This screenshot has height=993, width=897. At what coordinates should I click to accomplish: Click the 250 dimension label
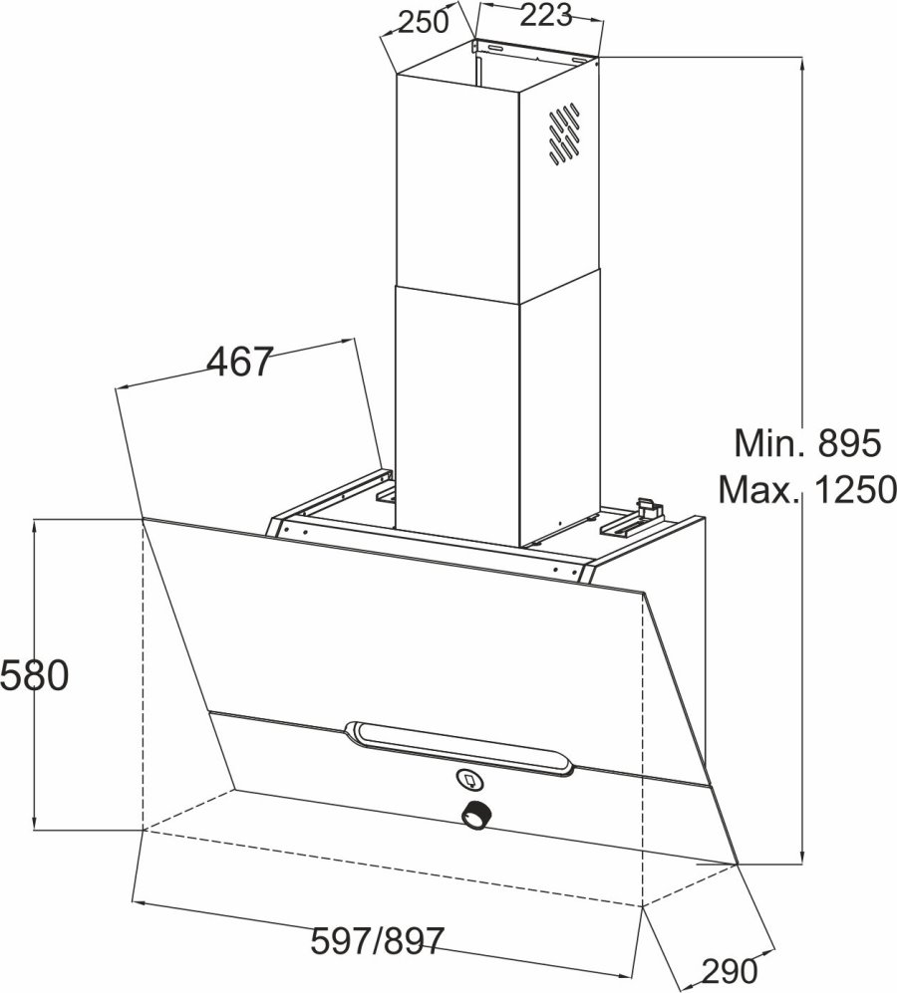click(x=424, y=22)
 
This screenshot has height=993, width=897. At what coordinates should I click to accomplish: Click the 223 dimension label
click(x=546, y=15)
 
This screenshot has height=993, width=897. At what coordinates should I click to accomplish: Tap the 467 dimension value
click(x=240, y=362)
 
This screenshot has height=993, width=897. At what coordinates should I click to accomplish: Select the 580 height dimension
click(x=34, y=675)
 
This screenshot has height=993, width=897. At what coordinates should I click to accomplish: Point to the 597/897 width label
click(x=378, y=941)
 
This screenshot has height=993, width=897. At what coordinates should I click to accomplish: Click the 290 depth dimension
click(x=730, y=969)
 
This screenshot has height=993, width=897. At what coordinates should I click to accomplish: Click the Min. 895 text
click(x=807, y=442)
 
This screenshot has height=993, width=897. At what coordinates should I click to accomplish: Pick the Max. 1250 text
click(x=807, y=489)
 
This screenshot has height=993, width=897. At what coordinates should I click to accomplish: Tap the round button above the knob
click(x=469, y=780)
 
